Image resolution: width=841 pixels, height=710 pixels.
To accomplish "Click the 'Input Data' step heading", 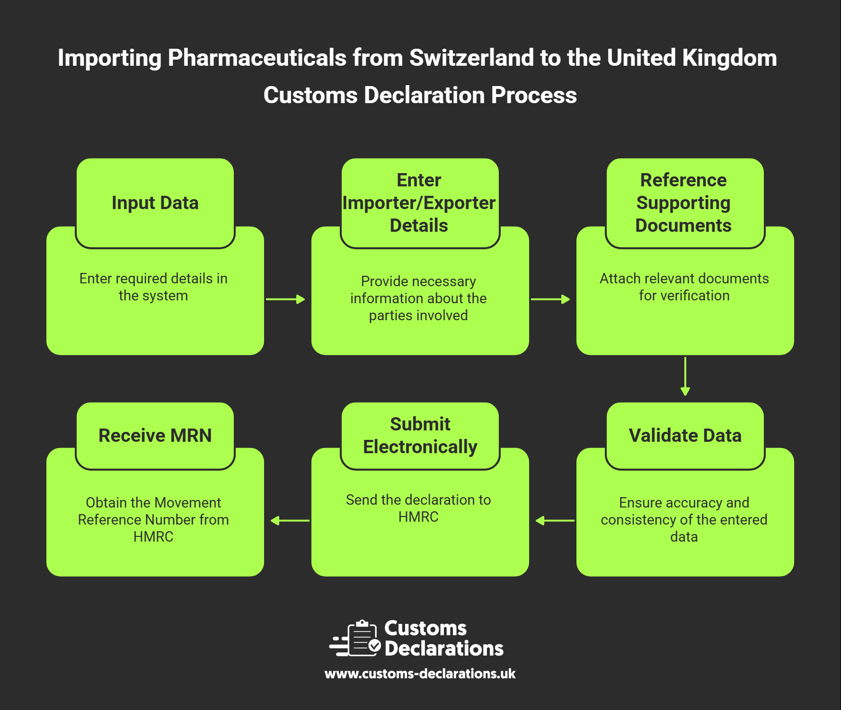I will pyautogui.click(x=155, y=203).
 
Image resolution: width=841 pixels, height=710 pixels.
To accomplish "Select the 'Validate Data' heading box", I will pyautogui.click(x=685, y=436).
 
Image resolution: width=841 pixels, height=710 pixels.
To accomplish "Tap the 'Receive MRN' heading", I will pyautogui.click(x=155, y=436).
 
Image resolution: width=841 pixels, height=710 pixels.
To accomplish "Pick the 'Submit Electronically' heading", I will pyautogui.click(x=420, y=436).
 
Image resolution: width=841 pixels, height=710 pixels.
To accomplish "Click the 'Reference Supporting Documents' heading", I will pyautogui.click(x=683, y=203).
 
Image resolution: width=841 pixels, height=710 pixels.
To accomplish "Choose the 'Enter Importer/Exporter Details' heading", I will pyautogui.click(x=419, y=203).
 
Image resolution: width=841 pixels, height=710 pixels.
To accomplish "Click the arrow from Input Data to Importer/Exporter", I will pyautogui.click(x=285, y=299).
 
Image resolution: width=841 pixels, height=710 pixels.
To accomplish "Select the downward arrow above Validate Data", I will pyautogui.click(x=685, y=377).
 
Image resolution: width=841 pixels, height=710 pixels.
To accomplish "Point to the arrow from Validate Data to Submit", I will pyautogui.click(x=555, y=521).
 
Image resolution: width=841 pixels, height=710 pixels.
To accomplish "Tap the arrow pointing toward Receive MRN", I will pyautogui.click(x=290, y=521).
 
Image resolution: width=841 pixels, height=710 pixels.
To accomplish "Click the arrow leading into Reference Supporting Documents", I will pyautogui.click(x=550, y=299).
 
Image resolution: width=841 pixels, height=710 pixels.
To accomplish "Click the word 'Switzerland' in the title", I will pyautogui.click(x=471, y=58).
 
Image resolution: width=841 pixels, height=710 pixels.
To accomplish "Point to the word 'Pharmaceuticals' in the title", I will pyautogui.click(x=257, y=58).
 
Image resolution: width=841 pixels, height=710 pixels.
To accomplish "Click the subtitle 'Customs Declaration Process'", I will pyautogui.click(x=420, y=95).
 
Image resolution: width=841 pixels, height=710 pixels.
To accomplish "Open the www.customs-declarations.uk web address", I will pyautogui.click(x=420, y=674).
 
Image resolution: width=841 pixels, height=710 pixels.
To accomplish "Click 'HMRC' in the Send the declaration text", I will pyautogui.click(x=418, y=517).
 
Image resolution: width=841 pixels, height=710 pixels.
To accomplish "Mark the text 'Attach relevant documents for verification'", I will pyautogui.click(x=684, y=287).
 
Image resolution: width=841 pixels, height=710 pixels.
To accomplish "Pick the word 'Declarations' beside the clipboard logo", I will pyautogui.click(x=443, y=649).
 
